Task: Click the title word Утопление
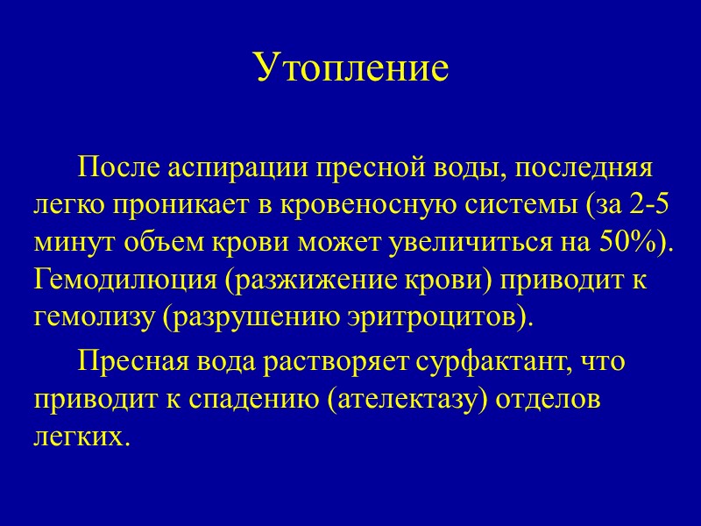(x=350, y=67)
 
